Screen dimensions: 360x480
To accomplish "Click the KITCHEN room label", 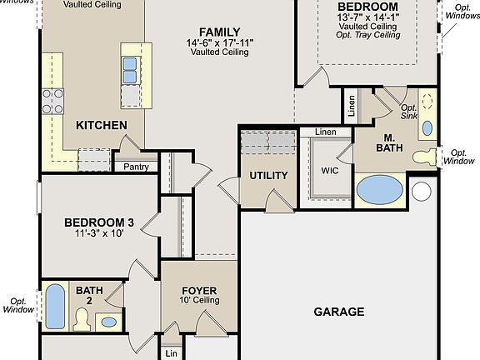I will click(x=102, y=125).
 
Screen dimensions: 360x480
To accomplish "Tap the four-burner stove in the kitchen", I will click(x=52, y=101).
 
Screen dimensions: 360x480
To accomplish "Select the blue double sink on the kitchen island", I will click(x=130, y=70).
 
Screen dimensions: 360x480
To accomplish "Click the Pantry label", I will click(x=136, y=166).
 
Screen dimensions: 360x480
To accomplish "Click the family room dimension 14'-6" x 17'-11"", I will click(x=221, y=42).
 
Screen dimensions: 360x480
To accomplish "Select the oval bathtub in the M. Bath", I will click(x=380, y=189).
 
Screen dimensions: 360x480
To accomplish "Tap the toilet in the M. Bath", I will click(x=426, y=156).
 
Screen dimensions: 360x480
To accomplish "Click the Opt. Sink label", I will click(x=408, y=112).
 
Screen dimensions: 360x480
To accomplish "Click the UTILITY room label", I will click(x=268, y=176).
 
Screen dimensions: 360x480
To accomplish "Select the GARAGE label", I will click(x=338, y=312).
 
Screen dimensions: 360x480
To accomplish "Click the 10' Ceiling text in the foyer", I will click(x=199, y=302).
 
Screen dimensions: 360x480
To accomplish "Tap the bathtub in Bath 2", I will click(x=53, y=307).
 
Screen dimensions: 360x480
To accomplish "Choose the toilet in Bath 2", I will click(x=82, y=317).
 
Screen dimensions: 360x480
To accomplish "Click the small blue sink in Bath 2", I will click(x=108, y=321).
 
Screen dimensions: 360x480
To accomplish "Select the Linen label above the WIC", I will click(x=325, y=132).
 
